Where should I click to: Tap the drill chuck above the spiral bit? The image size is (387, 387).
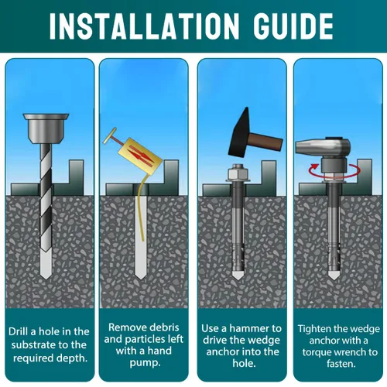click(46, 128)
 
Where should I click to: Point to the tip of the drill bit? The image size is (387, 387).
click(46, 279)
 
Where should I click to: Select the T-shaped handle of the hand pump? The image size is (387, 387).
click(111, 137)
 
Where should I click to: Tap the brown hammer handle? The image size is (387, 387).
click(266, 142)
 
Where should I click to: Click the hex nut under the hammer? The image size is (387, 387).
click(237, 171)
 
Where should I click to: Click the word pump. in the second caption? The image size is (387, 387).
click(145, 363)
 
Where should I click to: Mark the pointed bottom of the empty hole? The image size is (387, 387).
click(141, 278)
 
